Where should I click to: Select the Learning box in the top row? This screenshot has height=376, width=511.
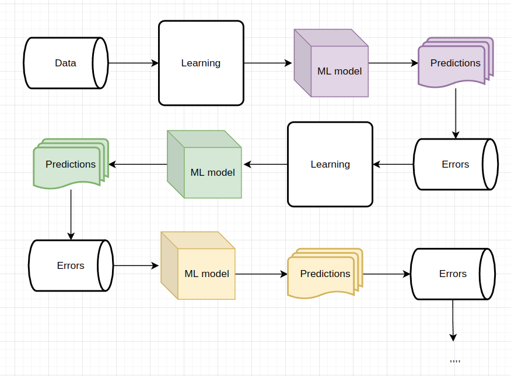201,63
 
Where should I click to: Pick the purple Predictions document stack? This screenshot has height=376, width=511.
455,63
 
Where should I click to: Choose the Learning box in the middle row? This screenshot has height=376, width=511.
330,164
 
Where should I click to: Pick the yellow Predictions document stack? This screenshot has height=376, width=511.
324,274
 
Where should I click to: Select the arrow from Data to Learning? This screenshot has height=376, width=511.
134,63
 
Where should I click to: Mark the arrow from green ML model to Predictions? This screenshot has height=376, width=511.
138,164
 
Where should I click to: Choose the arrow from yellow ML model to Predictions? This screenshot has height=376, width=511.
261,274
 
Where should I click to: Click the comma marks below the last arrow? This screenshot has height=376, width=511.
455,361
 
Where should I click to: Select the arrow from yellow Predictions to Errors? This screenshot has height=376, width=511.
386,274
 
